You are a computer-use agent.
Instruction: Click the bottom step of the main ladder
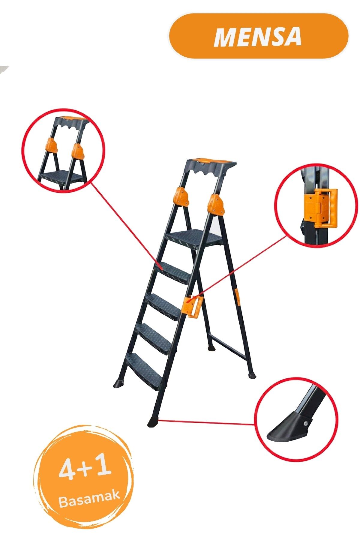coord(144,371)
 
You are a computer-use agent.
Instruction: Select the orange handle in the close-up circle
coord(320,207)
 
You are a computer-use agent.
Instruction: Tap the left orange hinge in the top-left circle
coord(51,145)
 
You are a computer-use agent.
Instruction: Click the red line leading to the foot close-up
coord(206,422)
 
